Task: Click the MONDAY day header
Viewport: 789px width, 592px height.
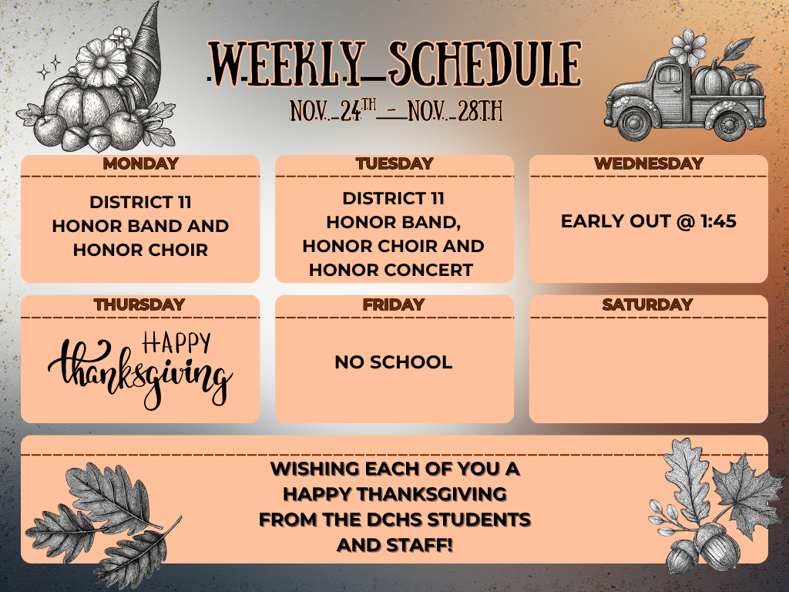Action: tap(140, 163)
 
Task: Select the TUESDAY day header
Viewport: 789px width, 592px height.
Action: tap(394, 163)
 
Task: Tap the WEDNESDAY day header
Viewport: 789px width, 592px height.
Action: tap(649, 163)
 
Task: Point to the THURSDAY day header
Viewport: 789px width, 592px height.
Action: tap(139, 304)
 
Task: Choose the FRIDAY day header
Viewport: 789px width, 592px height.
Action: tap(394, 304)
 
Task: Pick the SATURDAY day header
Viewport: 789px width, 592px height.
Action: tap(648, 304)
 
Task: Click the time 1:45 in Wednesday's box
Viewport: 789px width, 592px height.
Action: tap(718, 222)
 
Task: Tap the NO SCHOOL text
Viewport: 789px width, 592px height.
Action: tap(394, 362)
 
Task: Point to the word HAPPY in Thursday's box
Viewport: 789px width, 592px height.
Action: tap(176, 342)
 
